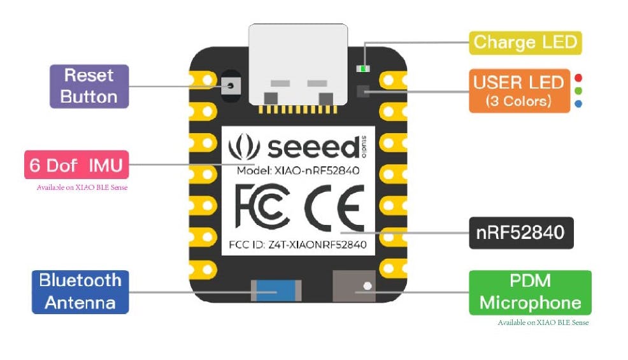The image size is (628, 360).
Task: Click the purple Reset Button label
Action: pyautogui.click(x=89, y=86)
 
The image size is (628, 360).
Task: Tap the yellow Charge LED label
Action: pyautogui.click(x=525, y=43)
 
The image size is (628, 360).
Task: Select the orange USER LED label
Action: pyautogui.click(x=519, y=90)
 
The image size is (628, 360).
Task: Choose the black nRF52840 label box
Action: pyautogui.click(x=520, y=233)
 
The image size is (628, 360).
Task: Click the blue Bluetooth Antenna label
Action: pyautogui.click(x=80, y=291)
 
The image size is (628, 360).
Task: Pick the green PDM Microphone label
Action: pyautogui.click(x=530, y=292)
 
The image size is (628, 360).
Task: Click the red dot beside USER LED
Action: pyautogui.click(x=578, y=78)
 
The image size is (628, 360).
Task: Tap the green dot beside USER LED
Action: pyautogui.click(x=578, y=90)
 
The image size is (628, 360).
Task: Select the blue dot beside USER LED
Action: pyautogui.click(x=578, y=103)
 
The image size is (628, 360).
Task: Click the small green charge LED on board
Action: pyautogui.click(x=363, y=69)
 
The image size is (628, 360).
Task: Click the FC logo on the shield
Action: pyautogui.click(x=262, y=207)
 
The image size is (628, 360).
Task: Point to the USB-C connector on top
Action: pyautogui.click(x=298, y=64)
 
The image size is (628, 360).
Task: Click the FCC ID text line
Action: pyautogui.click(x=297, y=245)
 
